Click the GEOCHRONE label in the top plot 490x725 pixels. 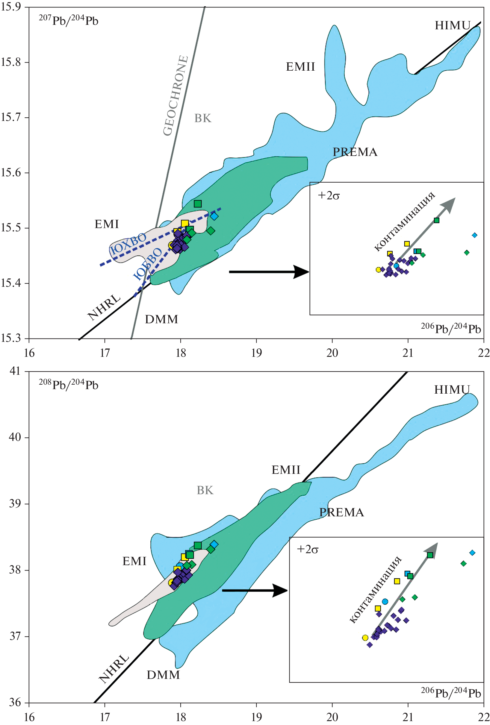point(176,95)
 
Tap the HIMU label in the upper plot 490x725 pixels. point(452,25)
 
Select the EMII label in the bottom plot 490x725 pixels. point(285,470)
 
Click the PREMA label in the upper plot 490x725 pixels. point(355,152)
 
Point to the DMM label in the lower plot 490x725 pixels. point(163,675)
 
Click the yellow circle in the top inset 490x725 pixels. point(378,269)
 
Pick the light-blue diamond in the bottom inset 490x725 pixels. point(472,553)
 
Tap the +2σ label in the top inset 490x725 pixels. point(328,195)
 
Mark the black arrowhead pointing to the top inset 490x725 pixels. point(301,272)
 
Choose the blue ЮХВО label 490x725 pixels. point(128,244)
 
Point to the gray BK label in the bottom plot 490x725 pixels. point(205,490)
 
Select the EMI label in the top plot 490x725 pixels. point(106,224)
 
